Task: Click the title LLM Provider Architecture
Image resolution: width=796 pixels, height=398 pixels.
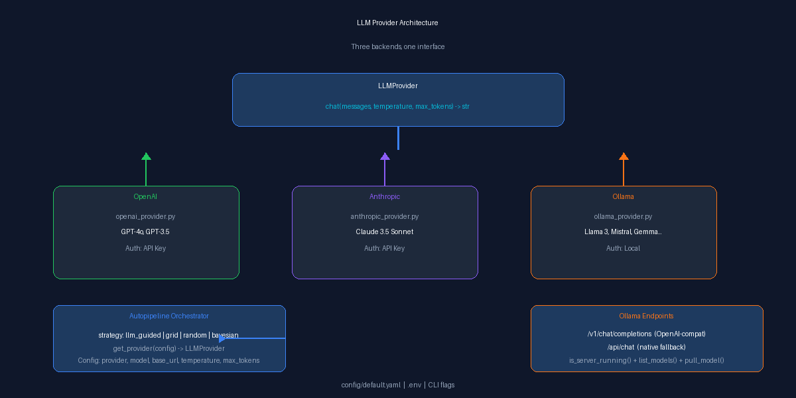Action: [x=397, y=23]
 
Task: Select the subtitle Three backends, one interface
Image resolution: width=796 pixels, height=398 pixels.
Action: [x=397, y=46]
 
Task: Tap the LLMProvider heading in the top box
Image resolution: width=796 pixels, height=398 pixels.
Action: [x=397, y=86]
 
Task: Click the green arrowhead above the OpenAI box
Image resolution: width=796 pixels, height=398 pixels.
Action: [x=146, y=157]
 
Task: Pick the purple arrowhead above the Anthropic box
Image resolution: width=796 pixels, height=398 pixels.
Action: [x=385, y=157]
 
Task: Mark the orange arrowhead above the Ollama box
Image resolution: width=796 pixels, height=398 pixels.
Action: [x=624, y=157]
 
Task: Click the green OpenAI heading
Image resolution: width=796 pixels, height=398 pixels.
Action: [x=145, y=196]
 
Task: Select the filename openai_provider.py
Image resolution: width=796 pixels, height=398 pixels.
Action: [x=145, y=216]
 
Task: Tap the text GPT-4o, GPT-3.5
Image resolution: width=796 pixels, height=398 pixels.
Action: [x=145, y=232]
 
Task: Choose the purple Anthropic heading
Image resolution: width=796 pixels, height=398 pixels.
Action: [x=385, y=196]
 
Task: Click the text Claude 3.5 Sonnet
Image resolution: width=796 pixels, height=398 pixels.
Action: [x=385, y=232]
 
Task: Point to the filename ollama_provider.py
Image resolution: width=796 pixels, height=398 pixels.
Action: [x=623, y=216]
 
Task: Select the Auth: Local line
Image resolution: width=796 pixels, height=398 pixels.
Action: [x=623, y=248]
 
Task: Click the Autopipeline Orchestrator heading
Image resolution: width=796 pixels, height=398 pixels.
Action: [x=168, y=316]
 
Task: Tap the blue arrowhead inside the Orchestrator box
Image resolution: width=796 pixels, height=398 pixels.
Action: [x=222, y=338]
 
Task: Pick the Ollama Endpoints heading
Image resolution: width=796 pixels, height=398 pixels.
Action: [x=646, y=316]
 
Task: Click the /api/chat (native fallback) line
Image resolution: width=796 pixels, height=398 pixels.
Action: [x=646, y=347]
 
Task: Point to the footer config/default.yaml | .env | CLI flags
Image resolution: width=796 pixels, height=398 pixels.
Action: [x=397, y=385]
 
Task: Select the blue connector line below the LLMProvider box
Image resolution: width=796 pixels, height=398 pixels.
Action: [x=399, y=138]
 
